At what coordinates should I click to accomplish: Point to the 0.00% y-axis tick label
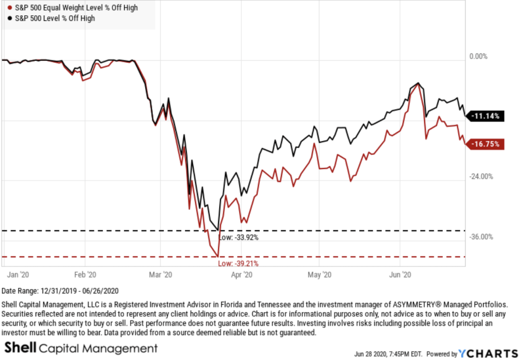click(x=478, y=56)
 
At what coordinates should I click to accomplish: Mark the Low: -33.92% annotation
click(x=238, y=237)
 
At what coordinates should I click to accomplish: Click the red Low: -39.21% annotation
click(x=238, y=264)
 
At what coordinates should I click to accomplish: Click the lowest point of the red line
click(x=218, y=256)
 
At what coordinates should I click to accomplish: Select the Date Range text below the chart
click(x=60, y=291)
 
